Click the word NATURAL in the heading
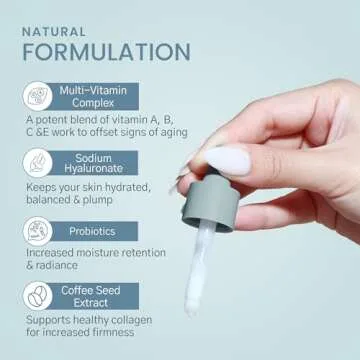[x=55, y=30]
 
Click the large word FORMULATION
[x=105, y=52]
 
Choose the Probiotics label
[x=93, y=230]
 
